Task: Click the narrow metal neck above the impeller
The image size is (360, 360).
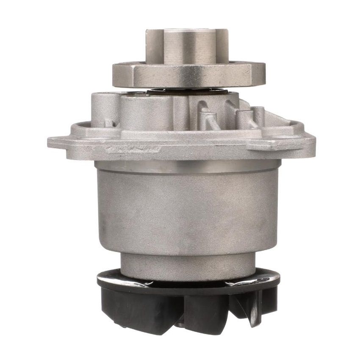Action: click(188, 265)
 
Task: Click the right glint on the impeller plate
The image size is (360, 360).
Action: click(258, 281)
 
